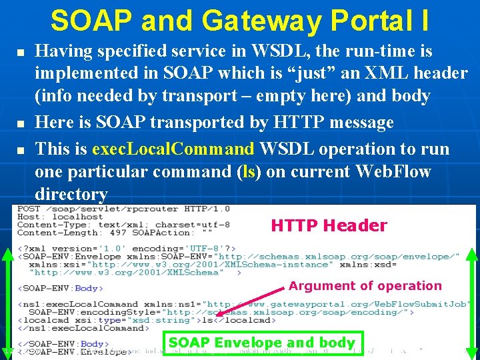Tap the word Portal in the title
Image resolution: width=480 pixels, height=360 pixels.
tap(365, 21)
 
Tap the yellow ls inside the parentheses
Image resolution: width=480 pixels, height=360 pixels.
tap(250, 171)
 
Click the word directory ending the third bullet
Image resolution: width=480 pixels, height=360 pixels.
tap(71, 194)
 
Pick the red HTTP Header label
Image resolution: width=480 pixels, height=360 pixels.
tap(329, 225)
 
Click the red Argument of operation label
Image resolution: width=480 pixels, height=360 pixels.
tap(365, 285)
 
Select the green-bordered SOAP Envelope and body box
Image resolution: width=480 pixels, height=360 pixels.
tap(262, 343)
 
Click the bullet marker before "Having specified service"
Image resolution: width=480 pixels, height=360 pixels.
tap(21, 51)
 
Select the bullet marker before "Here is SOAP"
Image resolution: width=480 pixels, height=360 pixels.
tap(21, 123)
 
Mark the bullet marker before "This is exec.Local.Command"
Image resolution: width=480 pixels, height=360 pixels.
tap(21, 149)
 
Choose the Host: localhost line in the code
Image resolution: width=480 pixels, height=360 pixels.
tap(60, 217)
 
